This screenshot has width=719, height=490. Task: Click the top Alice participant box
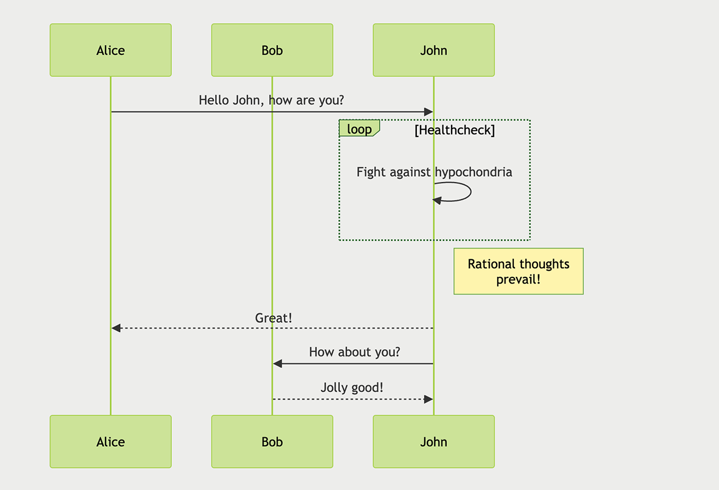[x=111, y=50]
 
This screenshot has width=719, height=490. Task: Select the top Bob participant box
[x=272, y=50]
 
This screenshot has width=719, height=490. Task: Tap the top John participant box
[x=434, y=50]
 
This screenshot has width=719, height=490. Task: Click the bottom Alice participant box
[x=111, y=442]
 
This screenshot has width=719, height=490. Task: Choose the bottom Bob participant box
[x=272, y=442]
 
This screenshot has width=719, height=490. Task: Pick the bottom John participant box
[x=434, y=442]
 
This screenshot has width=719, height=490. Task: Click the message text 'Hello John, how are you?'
[x=271, y=100]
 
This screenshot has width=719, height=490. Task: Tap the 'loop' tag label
[x=359, y=129]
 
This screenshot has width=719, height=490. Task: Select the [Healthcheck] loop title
[x=454, y=130]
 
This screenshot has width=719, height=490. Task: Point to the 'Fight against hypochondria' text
[x=434, y=172]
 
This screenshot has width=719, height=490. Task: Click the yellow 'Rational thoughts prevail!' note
[x=518, y=271]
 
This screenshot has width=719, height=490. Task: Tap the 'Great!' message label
[x=274, y=318]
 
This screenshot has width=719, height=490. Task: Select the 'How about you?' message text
[x=354, y=352]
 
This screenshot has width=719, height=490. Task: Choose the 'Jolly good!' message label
[x=352, y=387]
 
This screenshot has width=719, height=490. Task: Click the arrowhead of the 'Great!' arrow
[x=116, y=328]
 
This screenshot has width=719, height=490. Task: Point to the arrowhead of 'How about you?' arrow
[x=277, y=364]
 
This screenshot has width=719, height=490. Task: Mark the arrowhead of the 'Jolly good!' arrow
[x=429, y=399]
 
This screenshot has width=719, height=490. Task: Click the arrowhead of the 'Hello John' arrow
[x=429, y=112]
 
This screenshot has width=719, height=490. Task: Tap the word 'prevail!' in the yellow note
[x=518, y=279]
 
